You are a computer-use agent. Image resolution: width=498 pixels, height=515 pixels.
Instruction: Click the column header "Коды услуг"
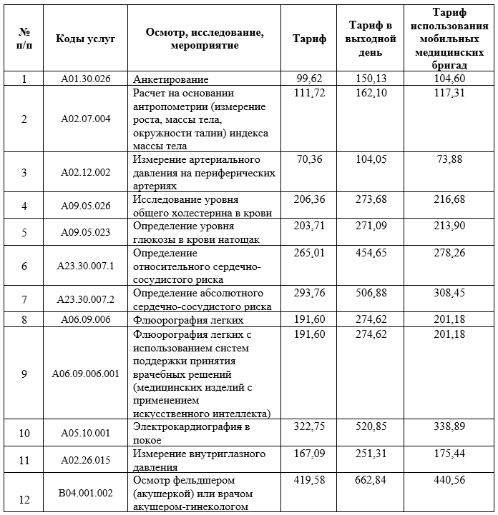tap(85, 39)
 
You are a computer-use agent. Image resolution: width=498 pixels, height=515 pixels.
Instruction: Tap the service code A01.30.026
tap(85, 79)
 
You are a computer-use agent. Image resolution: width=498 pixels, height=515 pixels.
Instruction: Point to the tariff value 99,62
tap(310, 79)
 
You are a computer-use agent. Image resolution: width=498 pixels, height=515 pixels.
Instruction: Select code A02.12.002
tap(85, 172)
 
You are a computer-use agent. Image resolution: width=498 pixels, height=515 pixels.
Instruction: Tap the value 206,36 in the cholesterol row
tap(310, 199)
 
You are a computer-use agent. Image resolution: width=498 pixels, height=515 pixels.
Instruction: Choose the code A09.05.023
tap(85, 232)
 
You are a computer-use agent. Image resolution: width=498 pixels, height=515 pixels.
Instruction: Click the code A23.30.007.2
tap(85, 299)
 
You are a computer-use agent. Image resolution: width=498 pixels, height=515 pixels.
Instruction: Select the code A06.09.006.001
tap(85, 374)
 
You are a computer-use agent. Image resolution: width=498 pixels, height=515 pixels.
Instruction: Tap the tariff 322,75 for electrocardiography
tap(310, 426)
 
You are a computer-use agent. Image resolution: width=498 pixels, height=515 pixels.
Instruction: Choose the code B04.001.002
tap(85, 493)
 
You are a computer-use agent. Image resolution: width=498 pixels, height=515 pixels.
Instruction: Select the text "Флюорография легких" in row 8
tap(189, 320)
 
